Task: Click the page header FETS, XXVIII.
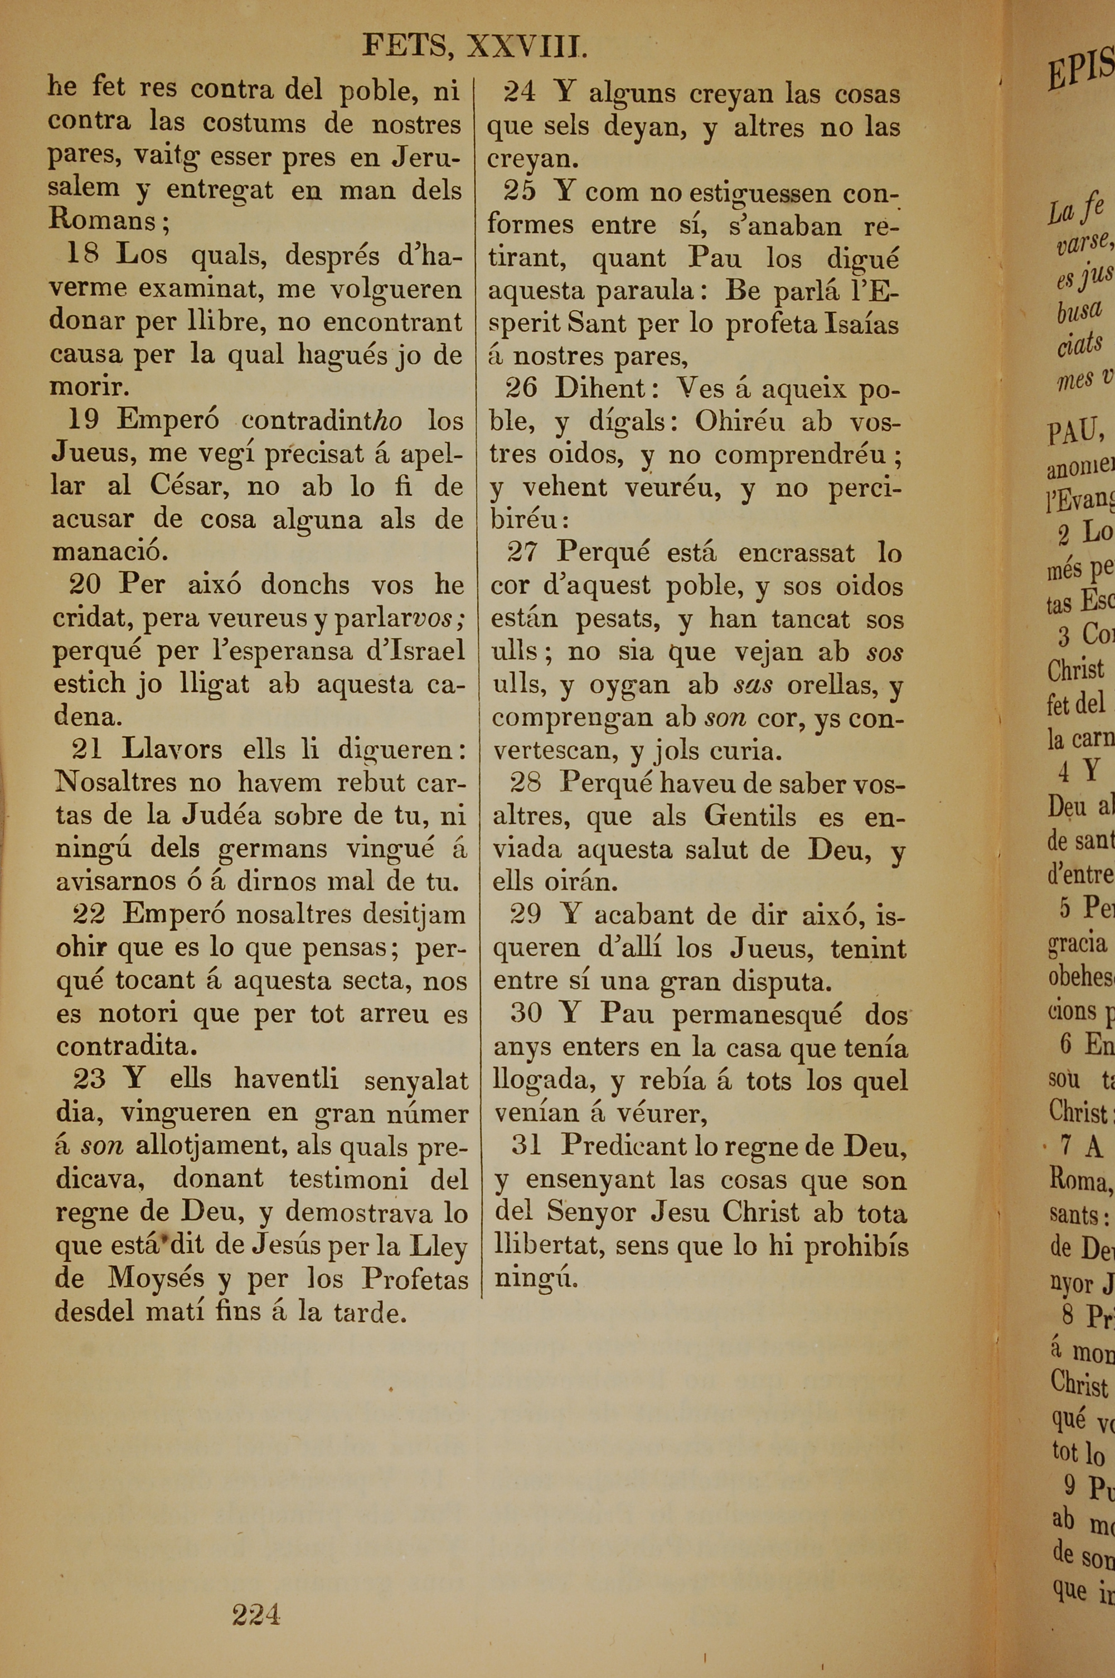click(x=474, y=46)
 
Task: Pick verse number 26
click(x=521, y=388)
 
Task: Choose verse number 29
click(x=526, y=914)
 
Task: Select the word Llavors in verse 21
click(x=171, y=749)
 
